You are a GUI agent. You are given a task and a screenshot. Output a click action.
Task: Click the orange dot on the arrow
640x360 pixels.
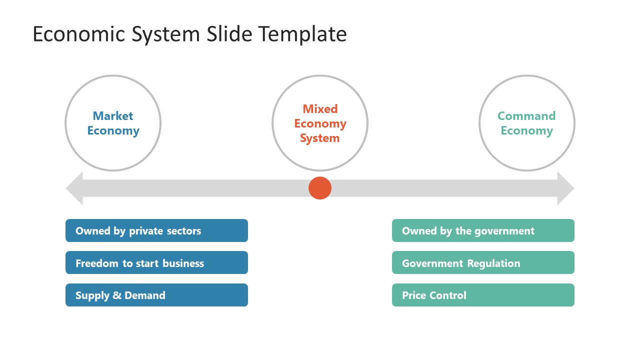320,188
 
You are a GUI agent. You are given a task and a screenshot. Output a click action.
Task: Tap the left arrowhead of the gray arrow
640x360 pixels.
75,188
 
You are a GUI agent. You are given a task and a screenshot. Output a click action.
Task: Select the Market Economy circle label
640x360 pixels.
113,123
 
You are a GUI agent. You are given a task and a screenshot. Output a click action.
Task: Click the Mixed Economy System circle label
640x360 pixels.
320,123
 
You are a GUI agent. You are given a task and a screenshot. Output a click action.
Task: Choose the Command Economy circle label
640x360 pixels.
526,123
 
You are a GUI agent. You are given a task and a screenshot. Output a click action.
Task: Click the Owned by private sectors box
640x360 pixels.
156,230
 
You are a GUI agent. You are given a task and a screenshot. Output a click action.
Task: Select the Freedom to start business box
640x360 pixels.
156,262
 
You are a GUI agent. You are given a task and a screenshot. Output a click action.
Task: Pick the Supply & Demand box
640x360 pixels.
156,295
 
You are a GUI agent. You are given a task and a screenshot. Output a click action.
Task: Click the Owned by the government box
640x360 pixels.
483,230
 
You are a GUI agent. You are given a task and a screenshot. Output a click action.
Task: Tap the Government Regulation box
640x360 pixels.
483,262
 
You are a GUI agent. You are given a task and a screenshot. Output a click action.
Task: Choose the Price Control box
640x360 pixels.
483,295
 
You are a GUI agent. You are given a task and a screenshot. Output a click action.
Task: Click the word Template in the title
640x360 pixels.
302,34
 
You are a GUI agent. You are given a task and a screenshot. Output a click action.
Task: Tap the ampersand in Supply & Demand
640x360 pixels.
117,295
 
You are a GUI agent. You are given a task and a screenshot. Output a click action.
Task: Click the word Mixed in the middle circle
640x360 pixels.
320,108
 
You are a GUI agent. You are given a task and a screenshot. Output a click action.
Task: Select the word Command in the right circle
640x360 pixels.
526,116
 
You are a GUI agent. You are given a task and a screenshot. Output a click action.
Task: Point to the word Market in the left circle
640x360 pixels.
113,116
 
